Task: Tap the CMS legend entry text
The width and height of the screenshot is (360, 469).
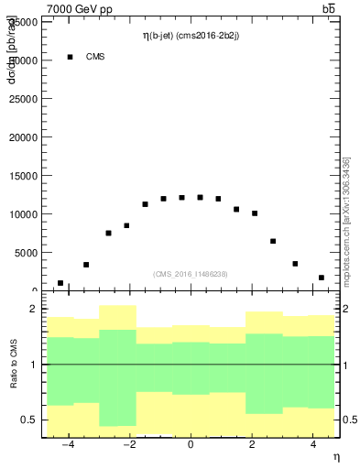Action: click(95, 57)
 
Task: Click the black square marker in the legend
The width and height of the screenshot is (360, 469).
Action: click(71, 57)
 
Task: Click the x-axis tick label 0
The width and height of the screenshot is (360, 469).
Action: click(190, 444)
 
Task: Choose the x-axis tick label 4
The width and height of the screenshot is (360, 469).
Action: click(311, 444)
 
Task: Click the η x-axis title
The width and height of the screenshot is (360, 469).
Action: click(335, 457)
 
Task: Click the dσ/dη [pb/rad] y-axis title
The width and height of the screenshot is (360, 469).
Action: click(12, 53)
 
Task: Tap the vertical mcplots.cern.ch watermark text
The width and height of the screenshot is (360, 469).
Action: click(346, 220)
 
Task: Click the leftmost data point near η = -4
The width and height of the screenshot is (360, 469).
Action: click(60, 283)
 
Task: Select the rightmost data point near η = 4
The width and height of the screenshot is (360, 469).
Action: click(321, 278)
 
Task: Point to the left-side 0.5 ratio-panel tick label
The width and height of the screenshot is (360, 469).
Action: click(30, 420)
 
